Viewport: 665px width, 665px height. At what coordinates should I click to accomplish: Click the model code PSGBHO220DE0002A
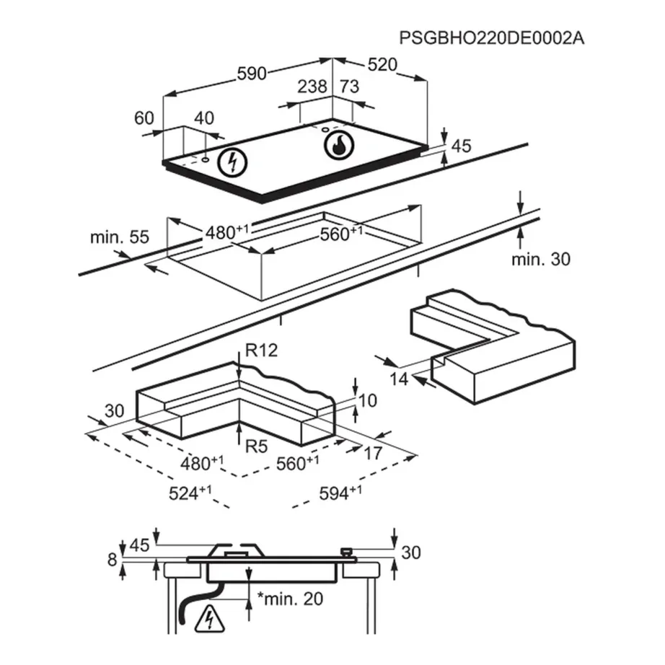pos(492,38)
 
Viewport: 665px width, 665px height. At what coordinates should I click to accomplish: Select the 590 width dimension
pos(252,74)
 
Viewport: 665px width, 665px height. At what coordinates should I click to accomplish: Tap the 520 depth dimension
pos(382,64)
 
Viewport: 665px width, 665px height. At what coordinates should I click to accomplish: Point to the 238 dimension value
pos(312,87)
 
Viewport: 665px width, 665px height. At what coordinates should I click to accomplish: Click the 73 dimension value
pos(350,87)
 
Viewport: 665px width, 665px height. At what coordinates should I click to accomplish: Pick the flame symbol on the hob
pos(339,145)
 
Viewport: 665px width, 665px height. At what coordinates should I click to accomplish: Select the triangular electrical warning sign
pos(209,618)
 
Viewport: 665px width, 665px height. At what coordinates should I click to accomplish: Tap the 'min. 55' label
pos(120,237)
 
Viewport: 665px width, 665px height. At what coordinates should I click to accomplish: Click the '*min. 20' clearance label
pos(291,599)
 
